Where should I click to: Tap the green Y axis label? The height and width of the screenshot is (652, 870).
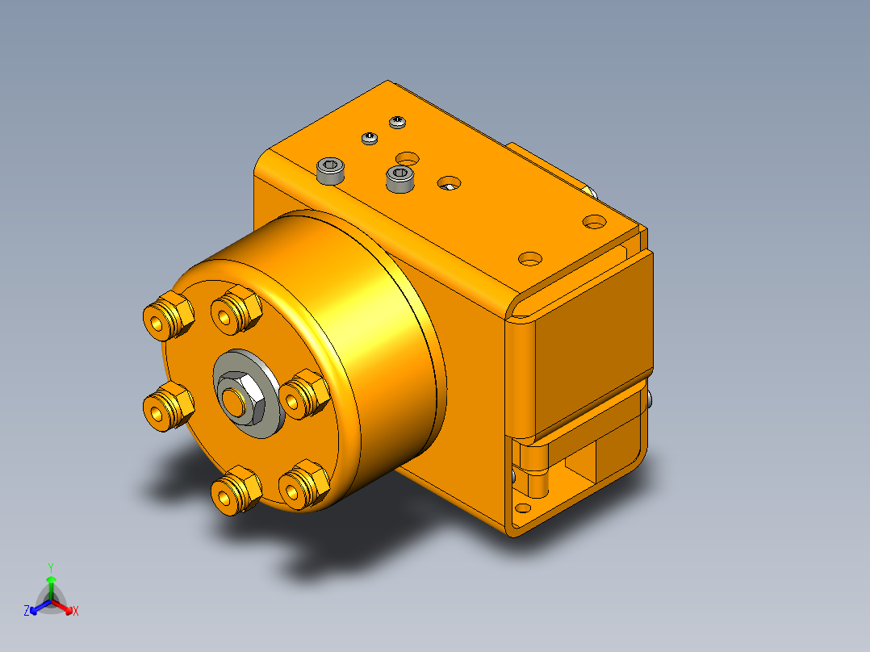click(50, 566)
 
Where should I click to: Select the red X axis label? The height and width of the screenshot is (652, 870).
click(76, 611)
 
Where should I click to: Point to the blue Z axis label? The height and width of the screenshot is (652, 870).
click(27, 611)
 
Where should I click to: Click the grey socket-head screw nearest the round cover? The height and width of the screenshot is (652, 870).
click(331, 171)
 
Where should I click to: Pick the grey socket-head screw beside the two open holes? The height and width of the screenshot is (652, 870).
click(399, 178)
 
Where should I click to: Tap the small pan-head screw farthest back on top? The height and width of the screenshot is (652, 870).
click(397, 122)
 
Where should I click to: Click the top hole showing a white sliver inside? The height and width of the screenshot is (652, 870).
click(448, 184)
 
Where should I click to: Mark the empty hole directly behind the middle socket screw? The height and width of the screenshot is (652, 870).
click(408, 155)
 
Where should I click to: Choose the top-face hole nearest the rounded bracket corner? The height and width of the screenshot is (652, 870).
click(529, 259)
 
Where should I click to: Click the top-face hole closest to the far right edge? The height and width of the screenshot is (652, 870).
click(594, 220)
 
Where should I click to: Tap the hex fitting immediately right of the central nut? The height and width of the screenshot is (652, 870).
click(305, 393)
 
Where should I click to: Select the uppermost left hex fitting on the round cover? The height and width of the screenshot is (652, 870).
click(167, 317)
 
